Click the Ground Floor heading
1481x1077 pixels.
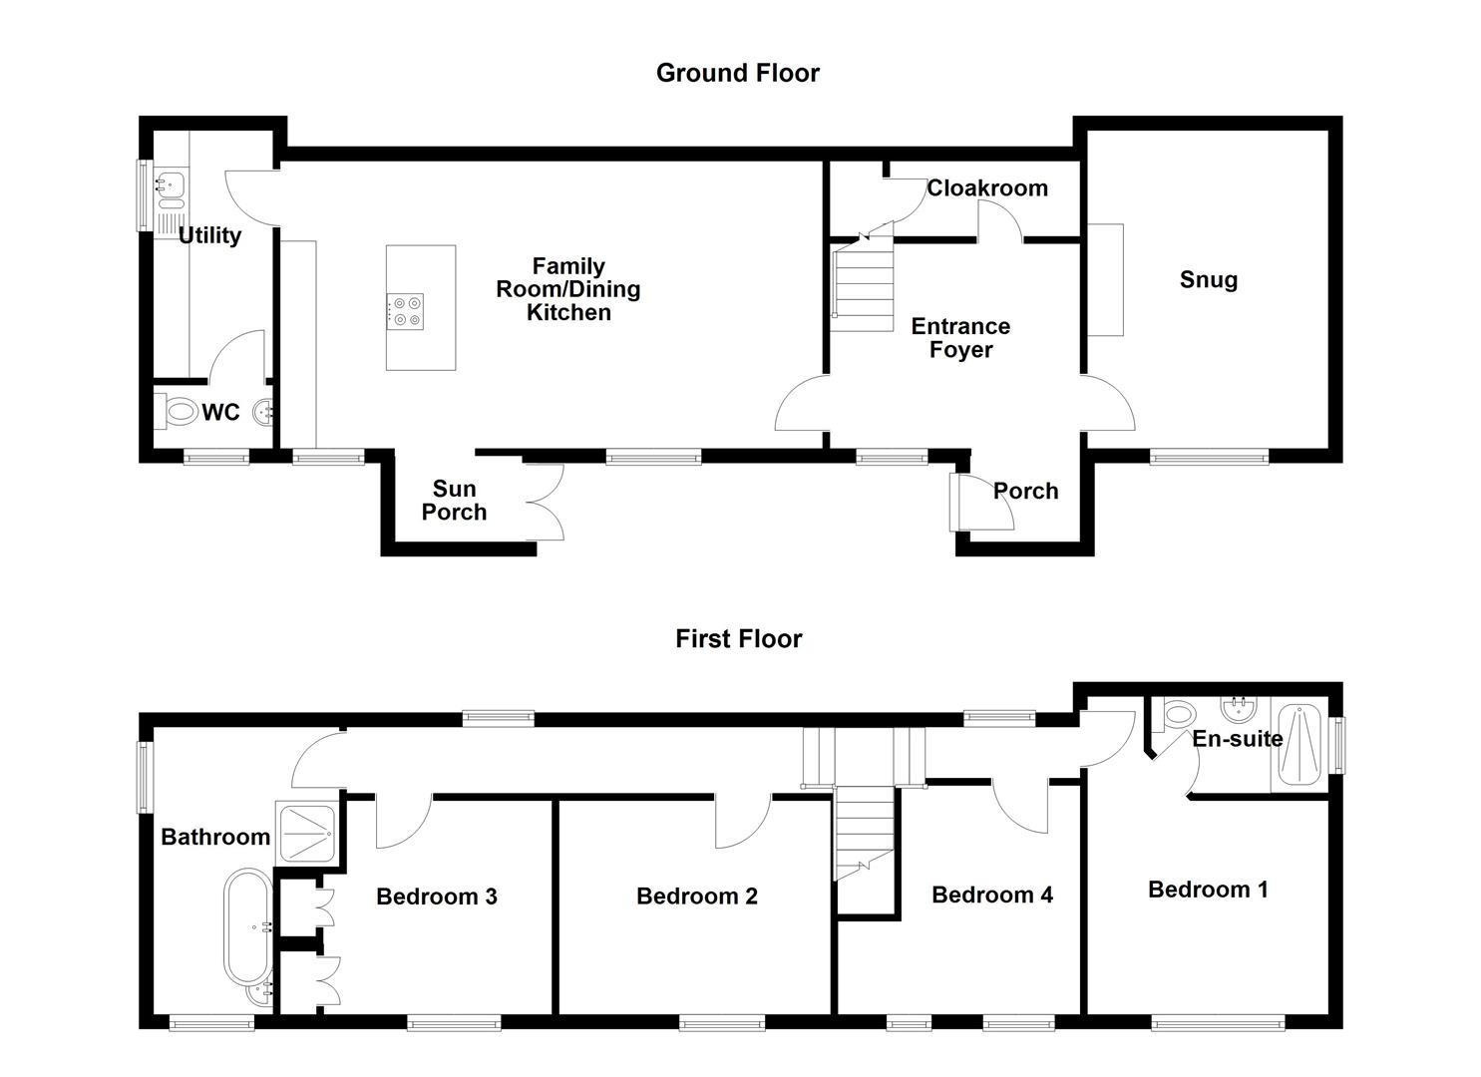point(737,73)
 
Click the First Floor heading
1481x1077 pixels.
point(738,638)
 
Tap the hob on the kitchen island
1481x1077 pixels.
point(405,310)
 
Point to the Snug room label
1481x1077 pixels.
point(1208,279)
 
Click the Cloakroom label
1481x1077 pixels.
point(987,187)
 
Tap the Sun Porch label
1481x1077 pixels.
point(454,501)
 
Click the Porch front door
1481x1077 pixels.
point(979,502)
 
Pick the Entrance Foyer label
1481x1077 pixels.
point(960,338)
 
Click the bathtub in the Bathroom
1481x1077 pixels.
point(247,926)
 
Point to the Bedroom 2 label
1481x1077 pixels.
point(696,897)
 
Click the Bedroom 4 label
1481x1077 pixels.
point(991,895)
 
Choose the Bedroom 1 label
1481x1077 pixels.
point(1208,890)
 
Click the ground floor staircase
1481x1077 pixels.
point(863,289)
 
